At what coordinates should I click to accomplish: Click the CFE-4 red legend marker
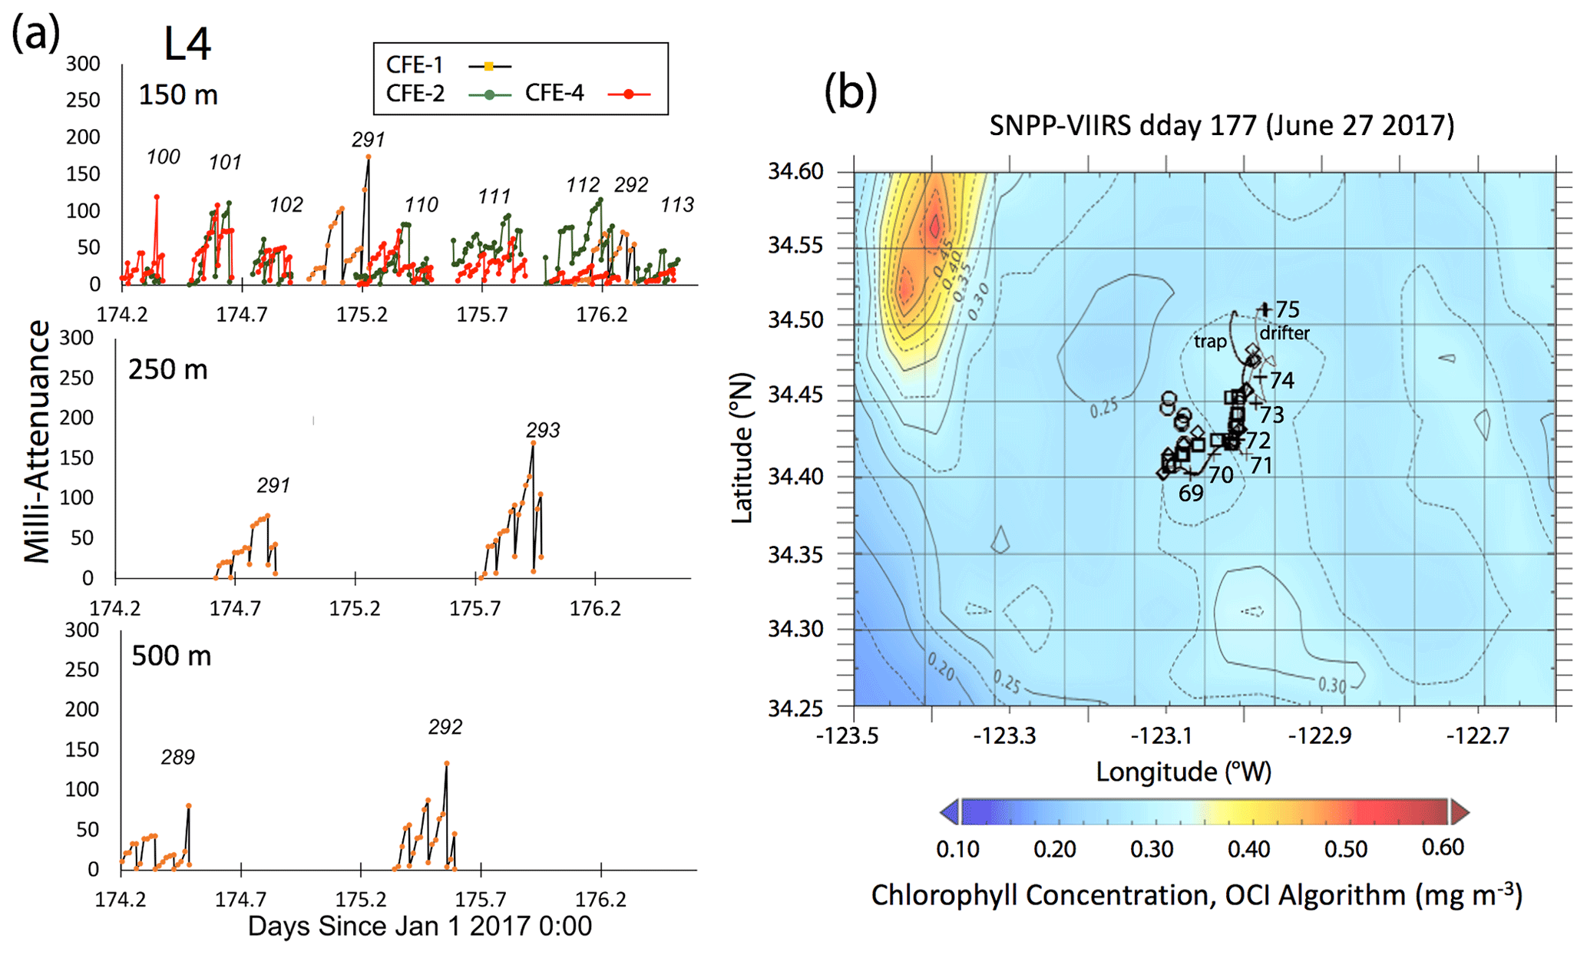pos(629,94)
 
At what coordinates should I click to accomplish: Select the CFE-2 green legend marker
pos(490,94)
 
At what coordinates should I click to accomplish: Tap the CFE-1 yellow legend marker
pos(489,67)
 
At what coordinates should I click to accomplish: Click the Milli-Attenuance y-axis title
pos(37,442)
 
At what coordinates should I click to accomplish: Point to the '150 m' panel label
pos(178,95)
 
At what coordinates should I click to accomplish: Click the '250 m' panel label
pos(167,370)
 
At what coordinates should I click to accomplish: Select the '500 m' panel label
pos(171,656)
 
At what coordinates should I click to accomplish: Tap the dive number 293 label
pos(543,431)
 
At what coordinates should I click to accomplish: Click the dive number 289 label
pos(177,758)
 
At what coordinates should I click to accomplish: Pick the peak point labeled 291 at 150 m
pos(369,157)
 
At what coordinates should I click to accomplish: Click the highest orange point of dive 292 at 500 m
pos(446,763)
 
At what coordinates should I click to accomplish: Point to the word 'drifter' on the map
pos(1284,333)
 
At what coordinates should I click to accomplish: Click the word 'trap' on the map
pos(1210,342)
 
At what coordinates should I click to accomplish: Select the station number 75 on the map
pos(1288,309)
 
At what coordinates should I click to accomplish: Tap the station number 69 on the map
pos(1191,494)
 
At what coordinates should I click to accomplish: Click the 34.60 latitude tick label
pos(795,171)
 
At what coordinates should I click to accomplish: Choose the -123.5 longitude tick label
pos(847,736)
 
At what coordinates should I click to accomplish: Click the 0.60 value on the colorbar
pos(1443,848)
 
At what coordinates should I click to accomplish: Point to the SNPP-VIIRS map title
pos(1221,125)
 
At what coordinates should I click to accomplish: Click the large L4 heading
pos(187,45)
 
